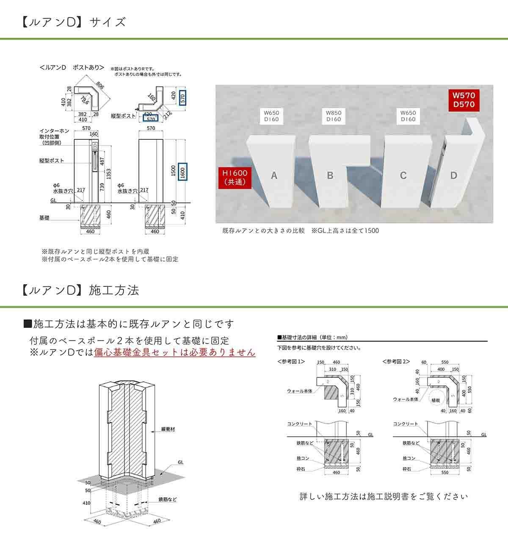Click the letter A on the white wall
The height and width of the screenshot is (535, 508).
[274, 175]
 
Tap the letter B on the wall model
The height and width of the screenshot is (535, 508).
[330, 175]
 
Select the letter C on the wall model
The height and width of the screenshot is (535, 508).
[403, 175]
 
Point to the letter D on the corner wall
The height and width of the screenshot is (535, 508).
[454, 175]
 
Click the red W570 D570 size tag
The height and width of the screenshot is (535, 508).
[464, 100]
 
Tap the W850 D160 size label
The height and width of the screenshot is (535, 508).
[334, 116]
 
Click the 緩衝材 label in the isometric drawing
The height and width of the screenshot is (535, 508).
[168, 429]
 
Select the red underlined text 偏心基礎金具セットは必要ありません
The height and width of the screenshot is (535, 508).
[174, 352]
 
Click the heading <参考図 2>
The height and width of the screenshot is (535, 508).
[396, 362]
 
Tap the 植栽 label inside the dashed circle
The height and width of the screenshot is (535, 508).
[436, 399]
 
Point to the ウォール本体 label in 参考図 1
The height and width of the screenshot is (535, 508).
[300, 391]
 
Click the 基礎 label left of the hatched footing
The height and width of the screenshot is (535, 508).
[44, 217]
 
